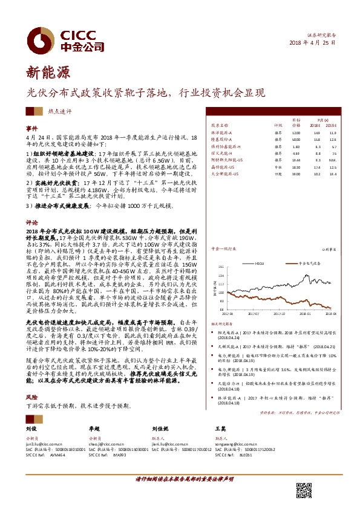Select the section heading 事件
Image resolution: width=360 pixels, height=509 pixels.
31,129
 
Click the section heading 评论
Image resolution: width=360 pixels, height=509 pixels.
31,222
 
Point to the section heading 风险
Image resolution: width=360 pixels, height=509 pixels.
31,397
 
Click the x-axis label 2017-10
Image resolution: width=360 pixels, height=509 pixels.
283,313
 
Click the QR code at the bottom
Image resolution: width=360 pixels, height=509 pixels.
303,490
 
